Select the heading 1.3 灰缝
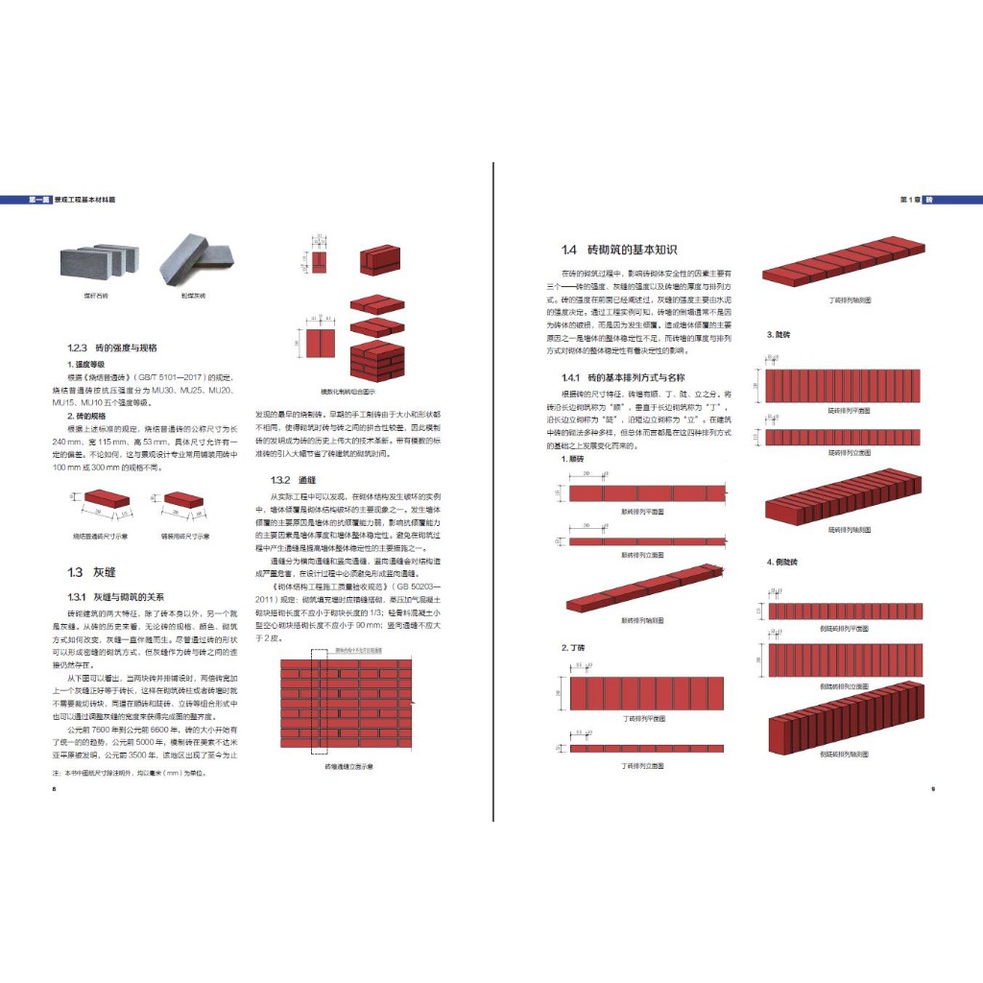click(91, 572)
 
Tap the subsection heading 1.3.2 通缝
click(294, 479)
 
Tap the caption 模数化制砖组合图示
click(347, 392)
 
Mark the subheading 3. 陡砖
click(778, 334)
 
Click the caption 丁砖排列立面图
click(644, 766)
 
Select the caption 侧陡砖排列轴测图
click(845, 755)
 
